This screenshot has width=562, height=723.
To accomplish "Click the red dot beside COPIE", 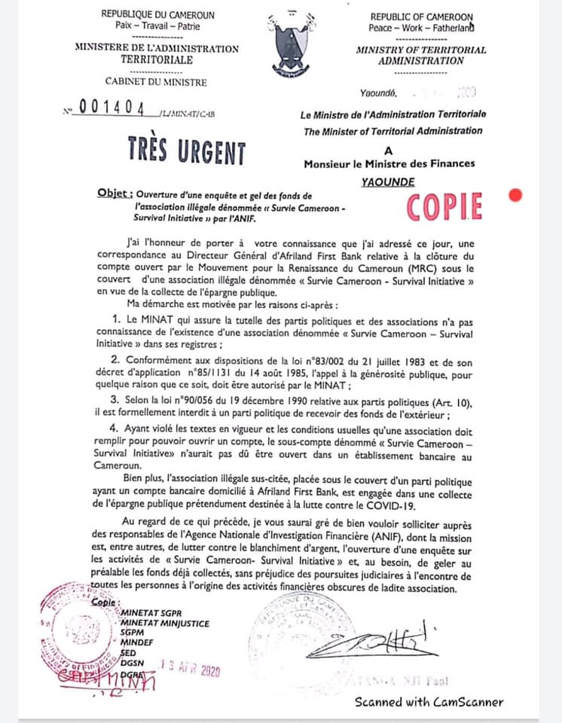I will [516, 196].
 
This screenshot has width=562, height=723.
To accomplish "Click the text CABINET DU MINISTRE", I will [156, 81].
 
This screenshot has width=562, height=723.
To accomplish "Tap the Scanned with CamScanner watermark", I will [429, 702].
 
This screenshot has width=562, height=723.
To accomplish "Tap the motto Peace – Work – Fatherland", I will [420, 28].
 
